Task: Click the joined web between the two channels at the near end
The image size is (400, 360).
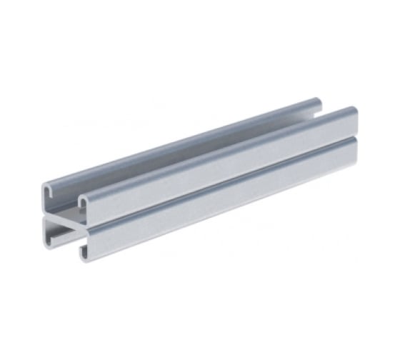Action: tap(64, 214)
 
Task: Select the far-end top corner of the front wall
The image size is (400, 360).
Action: tap(354, 110)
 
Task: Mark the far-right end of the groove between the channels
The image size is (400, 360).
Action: tap(354, 139)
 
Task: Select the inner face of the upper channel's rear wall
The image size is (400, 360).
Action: tap(179, 154)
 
